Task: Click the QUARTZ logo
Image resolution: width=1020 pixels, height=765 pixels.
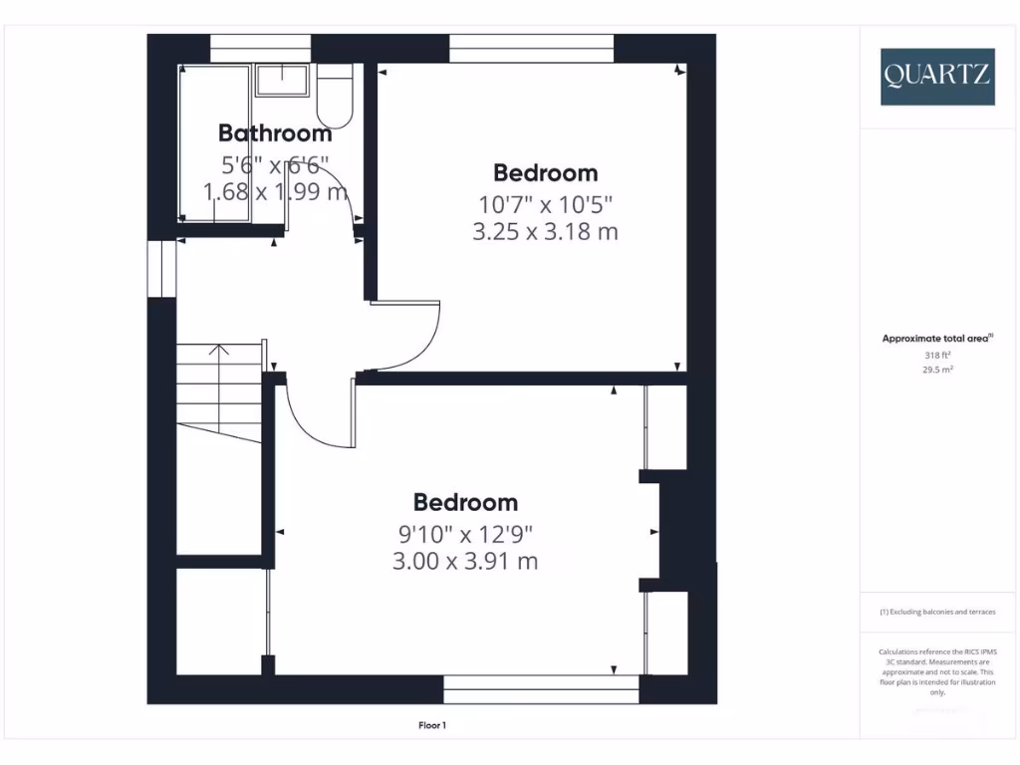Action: (936, 77)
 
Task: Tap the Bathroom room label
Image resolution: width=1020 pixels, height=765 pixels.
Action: (275, 132)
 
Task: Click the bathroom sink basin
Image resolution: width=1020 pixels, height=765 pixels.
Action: (285, 81)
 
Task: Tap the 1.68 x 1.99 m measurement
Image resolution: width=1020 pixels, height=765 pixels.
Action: (275, 191)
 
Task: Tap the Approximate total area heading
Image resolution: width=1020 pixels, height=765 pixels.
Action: (936, 339)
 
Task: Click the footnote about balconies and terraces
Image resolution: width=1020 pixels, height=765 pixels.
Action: (936, 612)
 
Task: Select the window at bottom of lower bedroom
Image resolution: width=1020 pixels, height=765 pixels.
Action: (541, 690)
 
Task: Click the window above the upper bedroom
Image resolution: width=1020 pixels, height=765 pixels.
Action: (531, 48)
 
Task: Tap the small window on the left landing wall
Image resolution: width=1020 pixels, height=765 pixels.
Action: (161, 267)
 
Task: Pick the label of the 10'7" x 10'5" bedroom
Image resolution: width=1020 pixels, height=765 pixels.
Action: (546, 173)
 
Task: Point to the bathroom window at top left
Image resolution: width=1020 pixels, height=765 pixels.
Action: (260, 48)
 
